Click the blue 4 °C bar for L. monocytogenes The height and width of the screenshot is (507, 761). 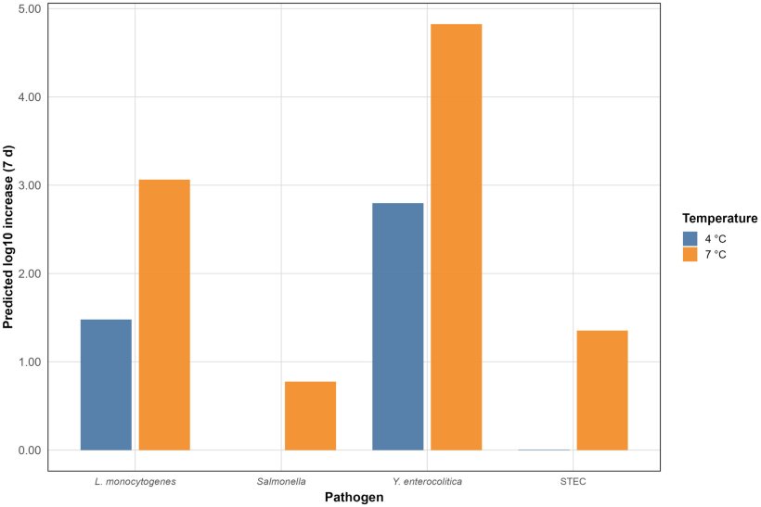(106, 385)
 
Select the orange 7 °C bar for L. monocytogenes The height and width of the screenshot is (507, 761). (164, 314)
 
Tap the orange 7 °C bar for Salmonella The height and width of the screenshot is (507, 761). (310, 415)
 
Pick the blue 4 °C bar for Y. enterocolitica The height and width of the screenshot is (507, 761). (397, 326)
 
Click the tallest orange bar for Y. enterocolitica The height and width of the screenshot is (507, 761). (456, 236)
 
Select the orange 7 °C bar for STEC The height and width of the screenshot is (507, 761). (601, 390)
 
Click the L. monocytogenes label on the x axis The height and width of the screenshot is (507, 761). (135, 482)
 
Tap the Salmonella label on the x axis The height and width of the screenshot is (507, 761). (281, 482)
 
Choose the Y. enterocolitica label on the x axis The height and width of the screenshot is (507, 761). (427, 482)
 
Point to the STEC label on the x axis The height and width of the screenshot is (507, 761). (574, 482)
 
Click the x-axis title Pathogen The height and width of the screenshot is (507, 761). (355, 498)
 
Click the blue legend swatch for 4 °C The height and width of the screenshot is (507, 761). (690, 237)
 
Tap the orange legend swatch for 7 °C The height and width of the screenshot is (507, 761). (690, 254)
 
